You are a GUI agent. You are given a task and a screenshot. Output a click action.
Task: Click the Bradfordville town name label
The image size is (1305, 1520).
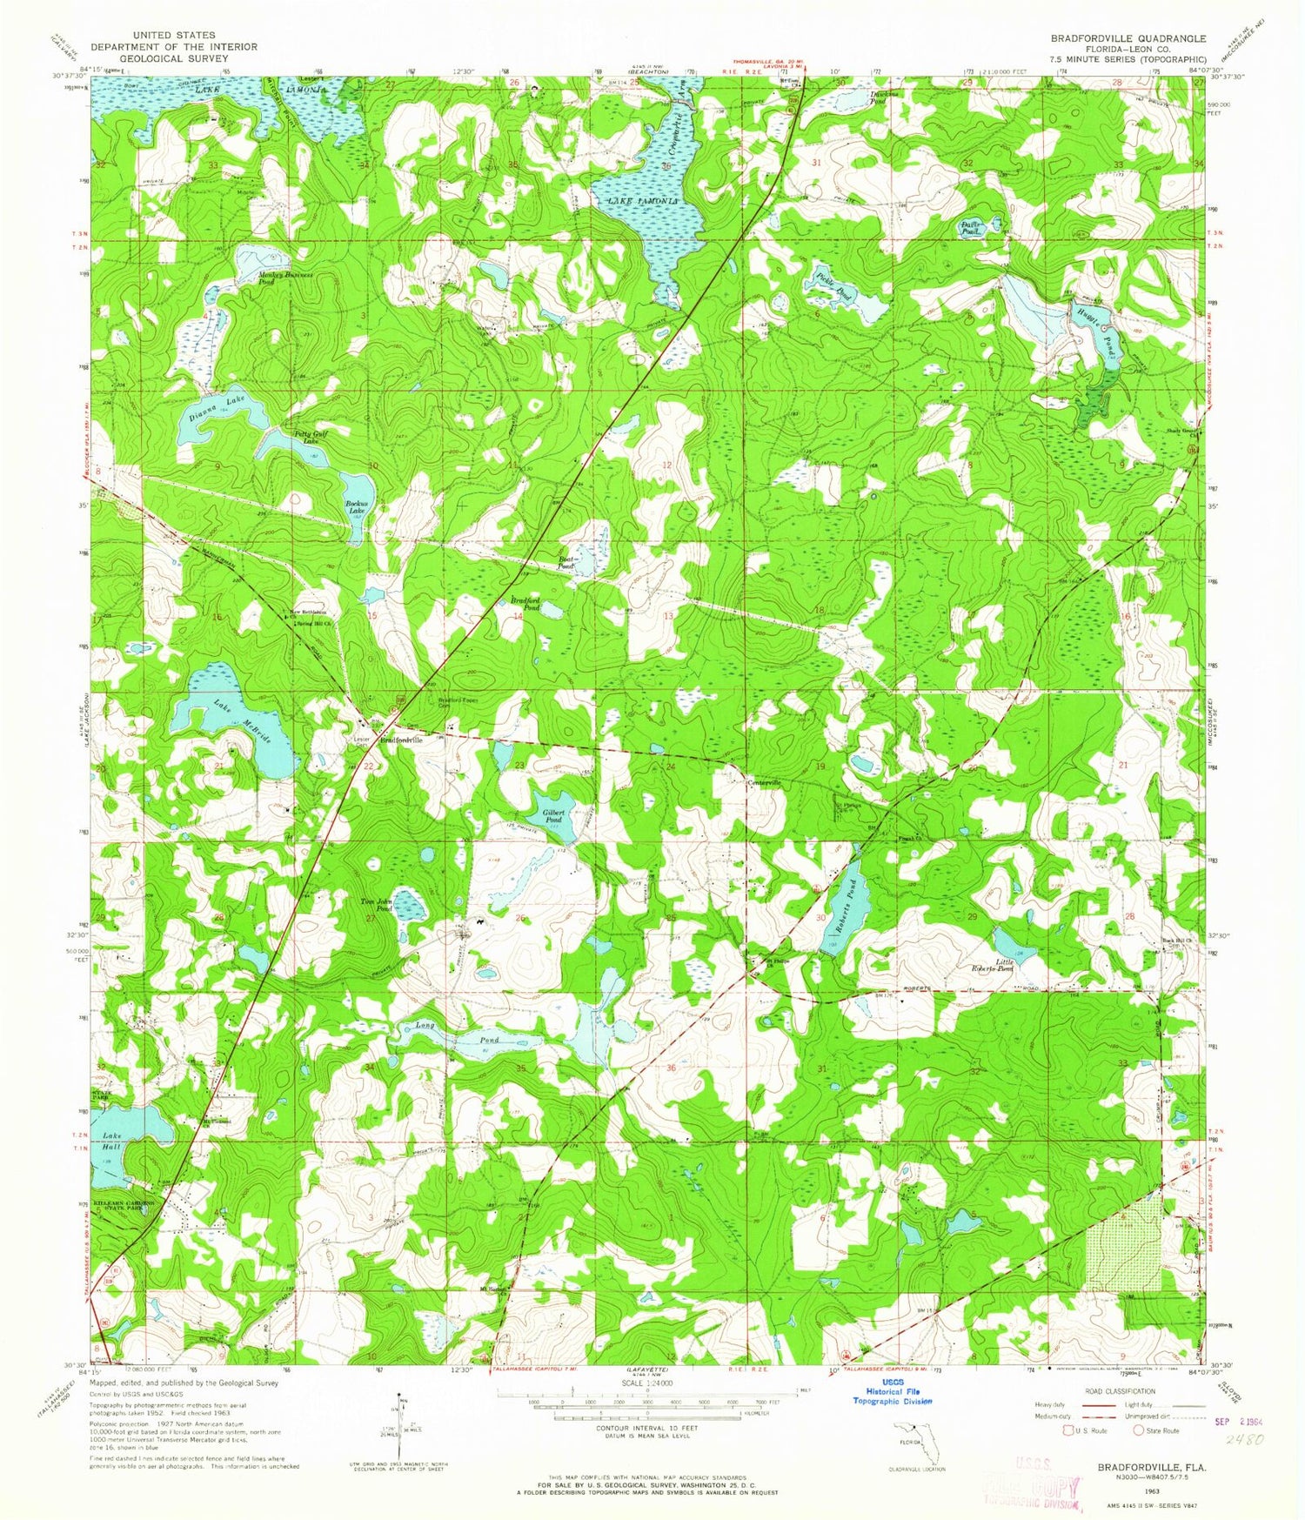coord(401,740)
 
